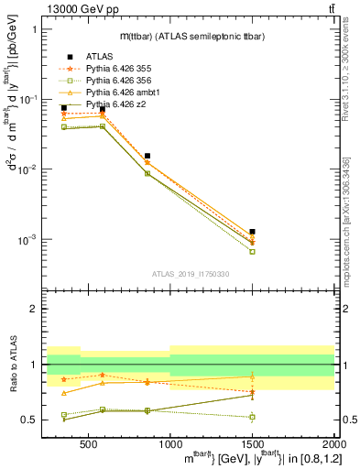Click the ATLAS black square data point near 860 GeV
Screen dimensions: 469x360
point(147,156)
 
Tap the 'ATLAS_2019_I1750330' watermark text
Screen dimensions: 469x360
point(190,274)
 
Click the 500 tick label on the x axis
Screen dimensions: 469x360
point(88,442)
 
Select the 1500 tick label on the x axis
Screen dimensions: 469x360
point(252,442)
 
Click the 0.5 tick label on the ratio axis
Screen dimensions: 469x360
point(31,420)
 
